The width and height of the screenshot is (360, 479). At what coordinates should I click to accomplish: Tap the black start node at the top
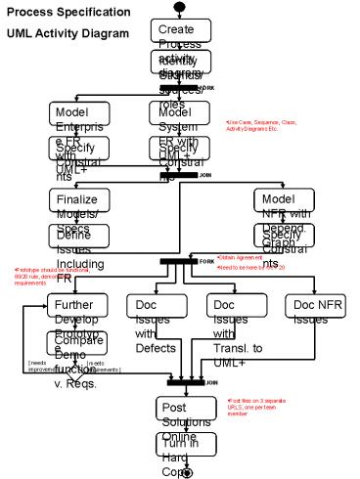click(x=178, y=7)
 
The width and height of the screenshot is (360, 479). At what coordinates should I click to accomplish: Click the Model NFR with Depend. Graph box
click(x=281, y=201)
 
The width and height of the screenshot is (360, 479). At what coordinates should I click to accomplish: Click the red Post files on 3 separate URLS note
click(x=257, y=407)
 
